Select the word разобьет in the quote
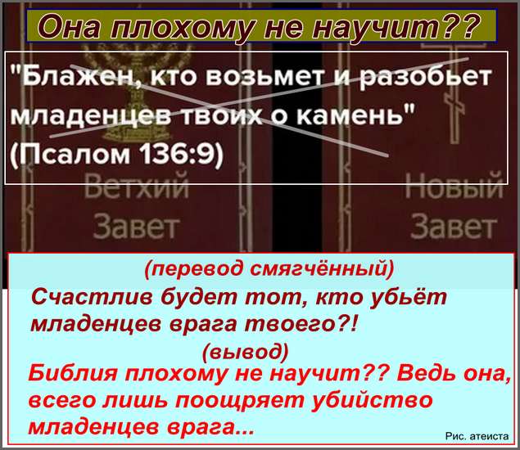[x=426, y=77]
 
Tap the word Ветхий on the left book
[x=136, y=186]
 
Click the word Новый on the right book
[x=454, y=186]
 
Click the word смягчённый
[x=321, y=269]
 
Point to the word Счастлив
[x=92, y=297]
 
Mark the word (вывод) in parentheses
[x=246, y=351]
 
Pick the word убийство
[x=373, y=400]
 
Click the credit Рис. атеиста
[x=477, y=436]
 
